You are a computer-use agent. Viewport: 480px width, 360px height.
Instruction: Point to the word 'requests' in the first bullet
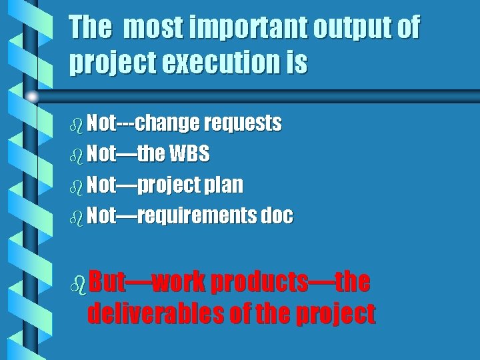(x=243, y=123)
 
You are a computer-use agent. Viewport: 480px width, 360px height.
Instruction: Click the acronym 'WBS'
(x=189, y=154)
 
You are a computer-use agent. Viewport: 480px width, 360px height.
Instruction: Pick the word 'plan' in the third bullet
(x=223, y=185)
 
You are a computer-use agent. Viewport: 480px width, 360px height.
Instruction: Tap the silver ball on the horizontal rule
(x=32, y=96)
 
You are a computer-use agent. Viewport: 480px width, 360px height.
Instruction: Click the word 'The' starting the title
(x=91, y=28)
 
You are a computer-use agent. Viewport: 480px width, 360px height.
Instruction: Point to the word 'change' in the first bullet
(x=167, y=123)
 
